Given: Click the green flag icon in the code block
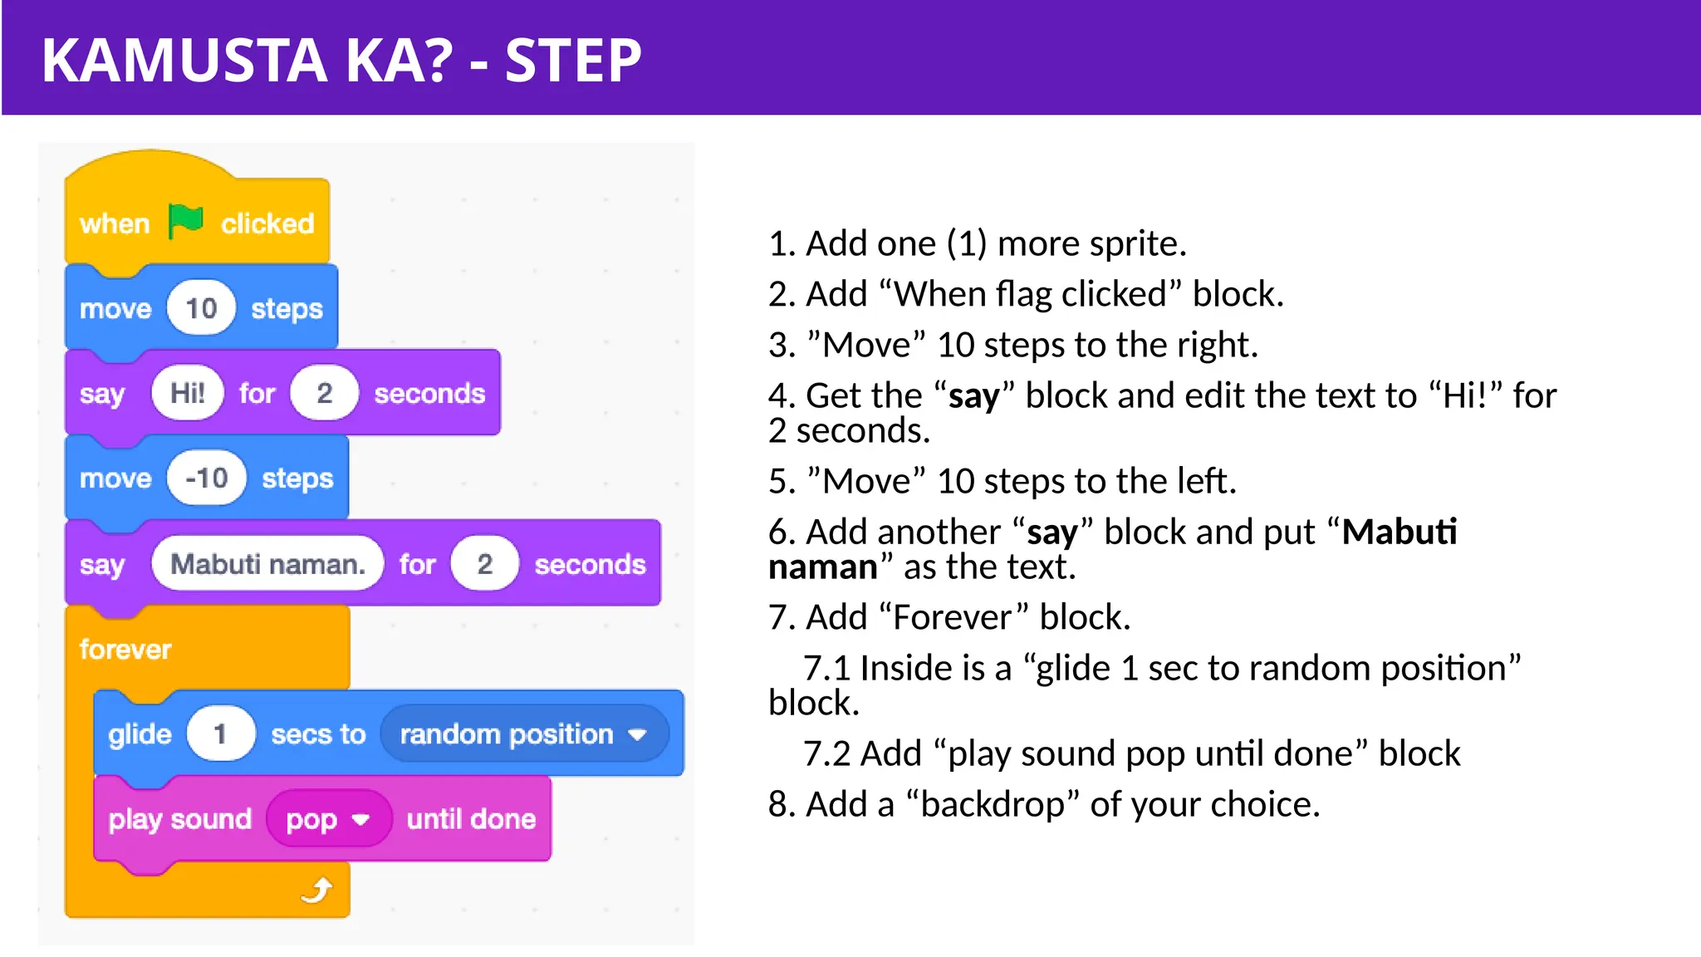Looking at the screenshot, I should click(185, 221).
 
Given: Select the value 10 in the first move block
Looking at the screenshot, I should click(201, 308).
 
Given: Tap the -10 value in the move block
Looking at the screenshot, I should click(207, 478).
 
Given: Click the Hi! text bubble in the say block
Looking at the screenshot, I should click(188, 393).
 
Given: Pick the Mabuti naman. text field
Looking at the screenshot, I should click(267, 564).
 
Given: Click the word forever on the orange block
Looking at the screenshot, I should click(125, 649).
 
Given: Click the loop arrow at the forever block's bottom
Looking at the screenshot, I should click(317, 891).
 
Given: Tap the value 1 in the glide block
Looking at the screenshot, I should click(220, 734).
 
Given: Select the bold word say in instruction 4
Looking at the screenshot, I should click(974, 395).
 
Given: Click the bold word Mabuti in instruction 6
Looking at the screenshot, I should click(1400, 532).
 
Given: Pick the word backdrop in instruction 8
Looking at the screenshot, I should click(993, 804).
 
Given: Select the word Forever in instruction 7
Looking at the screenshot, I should click(953, 617).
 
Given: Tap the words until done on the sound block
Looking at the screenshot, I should click(471, 819).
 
